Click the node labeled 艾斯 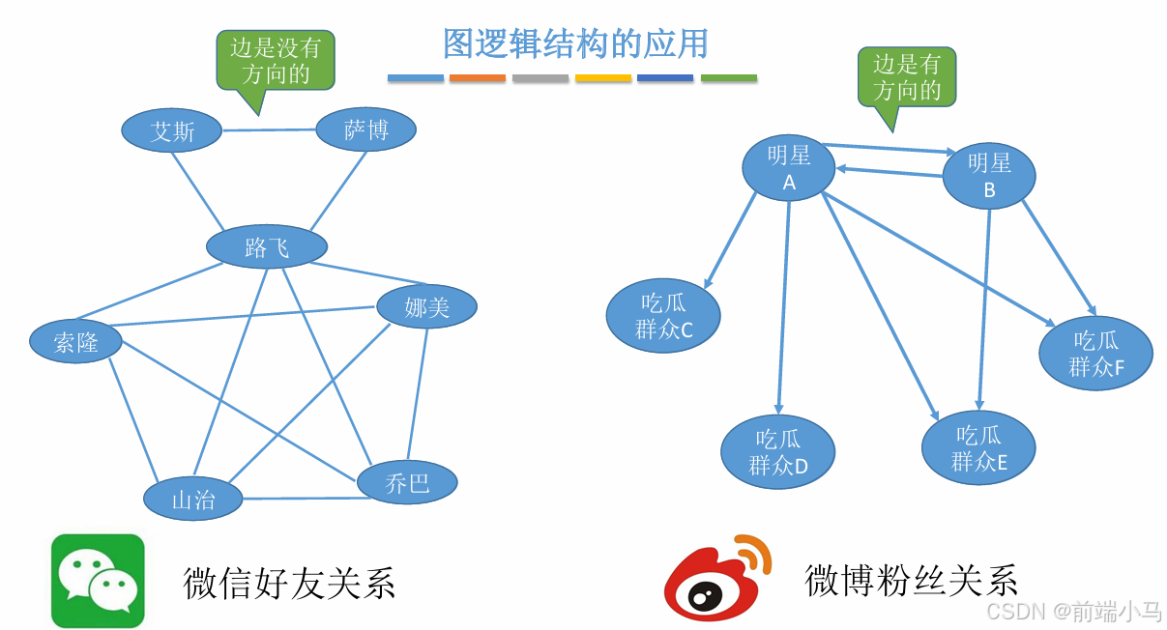coord(172,130)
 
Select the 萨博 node coord(365,129)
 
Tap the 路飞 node coord(267,247)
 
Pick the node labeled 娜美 coord(426,307)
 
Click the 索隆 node coord(75,341)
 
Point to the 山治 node coord(193,499)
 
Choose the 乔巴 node coord(407,482)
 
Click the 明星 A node coord(788,168)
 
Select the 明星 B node coord(988,176)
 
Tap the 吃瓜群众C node coord(663,316)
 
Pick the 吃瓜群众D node coord(777,451)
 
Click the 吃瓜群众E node coord(978,447)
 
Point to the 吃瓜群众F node coord(1095,353)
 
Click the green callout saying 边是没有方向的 coord(276,60)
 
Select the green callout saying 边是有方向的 coord(907,77)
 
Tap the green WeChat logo coord(98,581)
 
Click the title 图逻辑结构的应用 coord(575,43)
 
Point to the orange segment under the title coord(478,77)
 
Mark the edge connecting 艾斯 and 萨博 coord(270,129)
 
